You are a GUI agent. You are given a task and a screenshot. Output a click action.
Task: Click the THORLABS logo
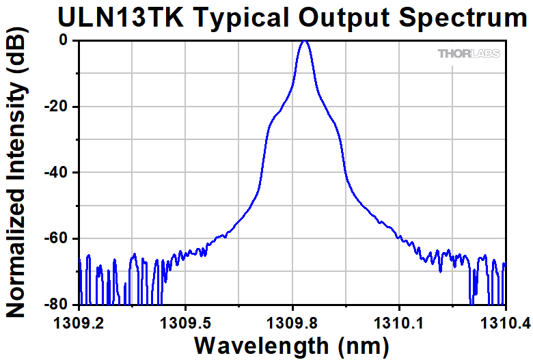[x=469, y=53]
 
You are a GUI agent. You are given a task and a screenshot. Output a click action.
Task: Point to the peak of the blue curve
[x=305, y=42]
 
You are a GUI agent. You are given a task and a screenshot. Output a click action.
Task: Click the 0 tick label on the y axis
[x=64, y=40]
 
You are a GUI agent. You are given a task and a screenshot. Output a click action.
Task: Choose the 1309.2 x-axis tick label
[x=79, y=322]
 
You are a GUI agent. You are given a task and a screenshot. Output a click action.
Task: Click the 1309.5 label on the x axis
[x=186, y=322]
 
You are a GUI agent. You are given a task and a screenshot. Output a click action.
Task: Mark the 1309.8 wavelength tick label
[x=292, y=322]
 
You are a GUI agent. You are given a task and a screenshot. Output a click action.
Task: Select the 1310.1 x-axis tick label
[x=399, y=322]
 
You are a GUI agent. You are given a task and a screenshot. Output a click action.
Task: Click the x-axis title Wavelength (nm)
[x=292, y=345]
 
